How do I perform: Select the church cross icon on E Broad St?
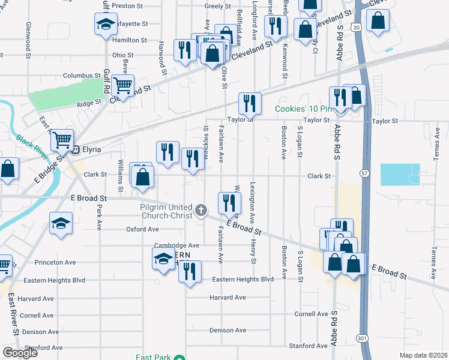(201, 211)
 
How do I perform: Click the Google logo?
(20, 352)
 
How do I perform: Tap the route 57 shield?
(364, 172)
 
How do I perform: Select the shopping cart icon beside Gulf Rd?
(123, 87)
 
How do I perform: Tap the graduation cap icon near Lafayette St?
(105, 25)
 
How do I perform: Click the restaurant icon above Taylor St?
(249, 104)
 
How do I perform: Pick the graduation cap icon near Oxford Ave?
(61, 224)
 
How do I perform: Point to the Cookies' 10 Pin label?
(303, 109)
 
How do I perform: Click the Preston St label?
(125, 6)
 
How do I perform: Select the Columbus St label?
(82, 76)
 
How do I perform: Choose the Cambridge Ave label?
(176, 245)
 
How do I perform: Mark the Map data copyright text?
(423, 355)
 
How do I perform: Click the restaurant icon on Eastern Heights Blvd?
(190, 272)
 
